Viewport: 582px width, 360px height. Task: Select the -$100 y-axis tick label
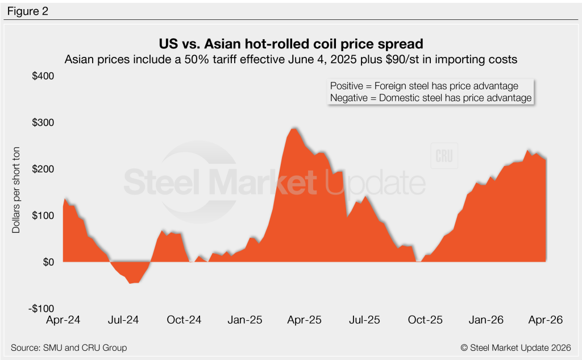click(x=40, y=308)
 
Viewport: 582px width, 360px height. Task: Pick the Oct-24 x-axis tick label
click(x=185, y=320)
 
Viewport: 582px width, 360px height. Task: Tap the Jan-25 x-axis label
click(x=245, y=320)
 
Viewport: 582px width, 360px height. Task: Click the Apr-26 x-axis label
click(x=545, y=320)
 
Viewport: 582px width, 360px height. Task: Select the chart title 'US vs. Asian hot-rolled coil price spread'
click(x=290, y=44)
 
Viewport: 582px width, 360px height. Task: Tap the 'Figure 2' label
click(x=27, y=11)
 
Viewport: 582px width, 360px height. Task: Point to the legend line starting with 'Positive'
click(x=424, y=86)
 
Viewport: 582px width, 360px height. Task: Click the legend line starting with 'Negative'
click(x=430, y=98)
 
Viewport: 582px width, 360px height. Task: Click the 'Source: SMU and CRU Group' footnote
click(x=69, y=347)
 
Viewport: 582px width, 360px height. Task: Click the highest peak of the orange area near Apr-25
click(x=293, y=129)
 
